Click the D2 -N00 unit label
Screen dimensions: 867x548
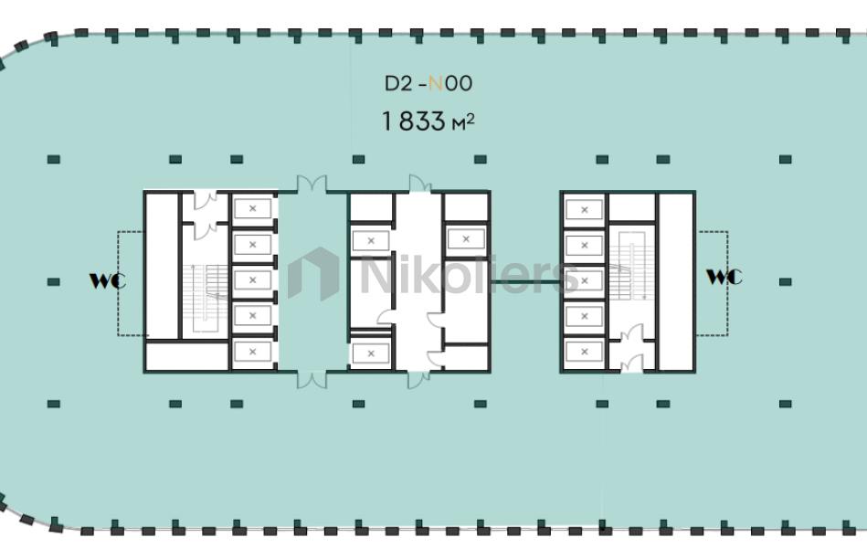click(428, 83)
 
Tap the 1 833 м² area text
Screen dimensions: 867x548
click(428, 121)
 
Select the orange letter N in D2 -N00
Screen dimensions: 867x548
click(436, 83)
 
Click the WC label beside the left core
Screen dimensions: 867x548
click(108, 280)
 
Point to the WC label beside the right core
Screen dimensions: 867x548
click(724, 277)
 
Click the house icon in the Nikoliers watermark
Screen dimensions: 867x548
click(313, 274)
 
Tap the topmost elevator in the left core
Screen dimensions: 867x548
click(253, 209)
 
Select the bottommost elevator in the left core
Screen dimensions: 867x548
click(253, 352)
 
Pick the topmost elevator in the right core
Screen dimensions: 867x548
click(585, 210)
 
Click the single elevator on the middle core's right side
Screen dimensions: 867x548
click(466, 239)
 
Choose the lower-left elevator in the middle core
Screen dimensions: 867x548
click(371, 353)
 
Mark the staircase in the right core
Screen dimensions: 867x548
click(631, 266)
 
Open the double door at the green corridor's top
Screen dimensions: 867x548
click(312, 184)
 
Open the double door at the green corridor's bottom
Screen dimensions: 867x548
click(312, 380)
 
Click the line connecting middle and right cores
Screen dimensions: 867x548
click(525, 282)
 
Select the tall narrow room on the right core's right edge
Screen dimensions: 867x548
click(676, 282)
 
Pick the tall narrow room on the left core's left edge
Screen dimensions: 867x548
click(162, 266)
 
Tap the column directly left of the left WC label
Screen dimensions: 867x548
click(54, 282)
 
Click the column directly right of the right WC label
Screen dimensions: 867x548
click(785, 282)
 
